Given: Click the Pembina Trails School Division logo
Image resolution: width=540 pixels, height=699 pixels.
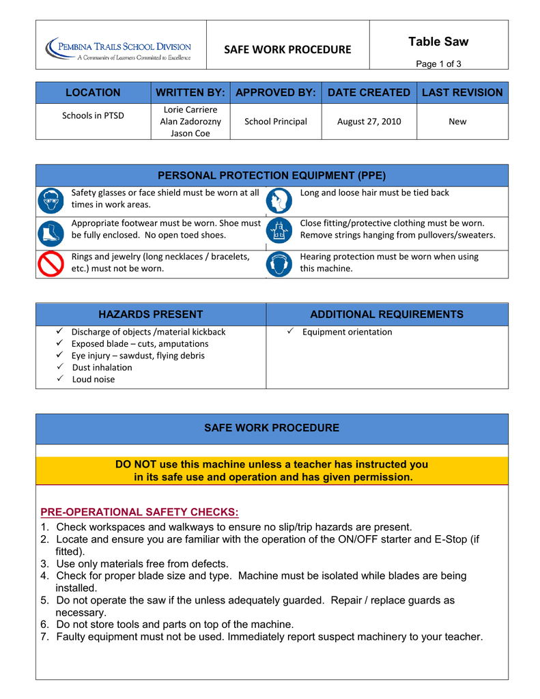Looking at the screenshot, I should click(119, 49).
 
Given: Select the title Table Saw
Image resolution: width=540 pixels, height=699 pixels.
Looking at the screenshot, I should click(438, 42).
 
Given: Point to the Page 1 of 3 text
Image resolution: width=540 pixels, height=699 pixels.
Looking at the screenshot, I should click(438, 63).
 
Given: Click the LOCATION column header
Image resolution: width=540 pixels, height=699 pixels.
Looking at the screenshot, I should click(93, 93).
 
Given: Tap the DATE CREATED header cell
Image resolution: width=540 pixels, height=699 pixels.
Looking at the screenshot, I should click(369, 93).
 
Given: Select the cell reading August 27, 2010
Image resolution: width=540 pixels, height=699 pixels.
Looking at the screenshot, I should click(369, 122).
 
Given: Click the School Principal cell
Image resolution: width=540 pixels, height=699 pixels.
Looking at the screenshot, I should click(276, 122).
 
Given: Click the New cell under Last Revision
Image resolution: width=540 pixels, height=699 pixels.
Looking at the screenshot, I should click(457, 122).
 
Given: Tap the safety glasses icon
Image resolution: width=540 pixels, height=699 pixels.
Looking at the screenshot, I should click(51, 201).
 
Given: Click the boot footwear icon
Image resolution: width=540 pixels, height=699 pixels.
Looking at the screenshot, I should click(51, 233).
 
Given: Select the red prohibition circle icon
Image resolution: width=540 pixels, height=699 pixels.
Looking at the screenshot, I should click(51, 263).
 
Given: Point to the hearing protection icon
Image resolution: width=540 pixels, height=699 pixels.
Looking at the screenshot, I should click(279, 264).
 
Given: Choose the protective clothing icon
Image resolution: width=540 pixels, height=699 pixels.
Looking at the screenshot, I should click(279, 232).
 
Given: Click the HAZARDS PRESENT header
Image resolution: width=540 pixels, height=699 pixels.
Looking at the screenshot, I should click(151, 315).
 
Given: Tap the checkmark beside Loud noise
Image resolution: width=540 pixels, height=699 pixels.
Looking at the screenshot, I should click(61, 379).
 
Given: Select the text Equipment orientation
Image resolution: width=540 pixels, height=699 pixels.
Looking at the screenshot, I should click(347, 332).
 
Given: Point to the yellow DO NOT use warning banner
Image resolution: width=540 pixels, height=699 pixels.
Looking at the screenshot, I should click(272, 471).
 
